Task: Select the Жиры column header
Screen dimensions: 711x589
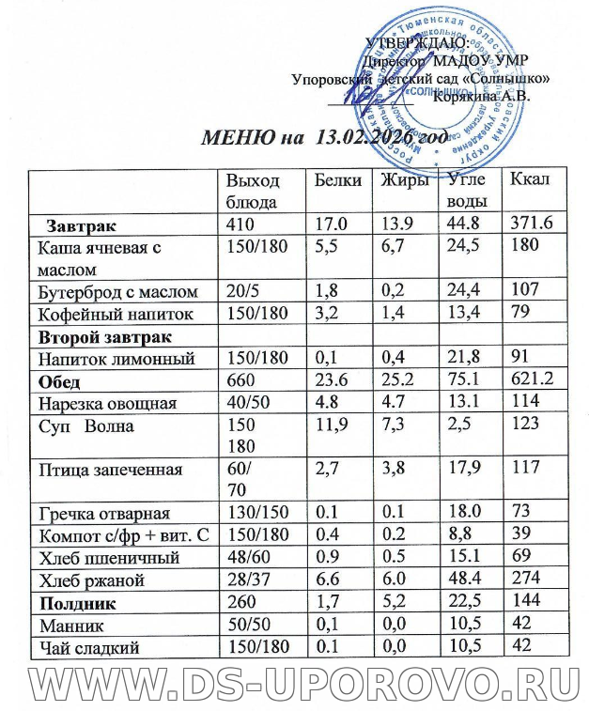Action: [405, 179]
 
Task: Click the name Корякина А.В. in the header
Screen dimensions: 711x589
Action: [483, 95]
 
